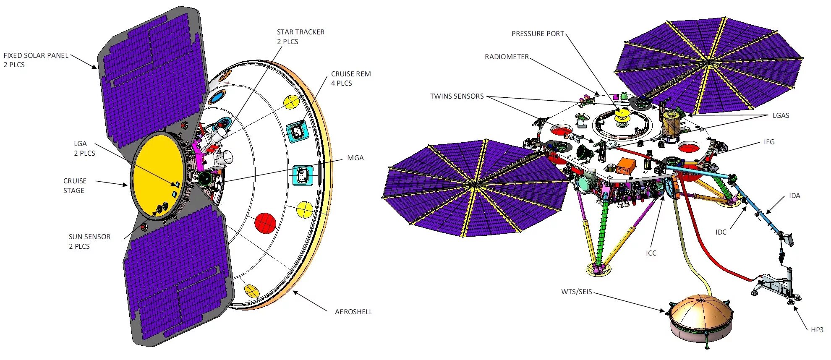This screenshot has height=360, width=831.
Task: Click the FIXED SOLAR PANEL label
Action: (36, 60)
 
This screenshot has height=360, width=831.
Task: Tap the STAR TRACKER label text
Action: (301, 37)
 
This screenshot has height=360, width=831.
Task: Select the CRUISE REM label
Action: (351, 78)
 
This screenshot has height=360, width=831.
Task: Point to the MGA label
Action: (355, 158)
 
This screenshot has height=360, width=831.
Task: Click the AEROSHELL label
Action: (353, 312)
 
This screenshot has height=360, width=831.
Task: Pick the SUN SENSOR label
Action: (89, 241)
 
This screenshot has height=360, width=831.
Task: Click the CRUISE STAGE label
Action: (75, 185)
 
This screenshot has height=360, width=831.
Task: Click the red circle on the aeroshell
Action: (265, 222)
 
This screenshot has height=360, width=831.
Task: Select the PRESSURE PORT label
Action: (538, 34)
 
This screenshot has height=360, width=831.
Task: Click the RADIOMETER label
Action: (507, 57)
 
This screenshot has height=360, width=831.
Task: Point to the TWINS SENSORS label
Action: (457, 96)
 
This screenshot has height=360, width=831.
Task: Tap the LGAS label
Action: (781, 115)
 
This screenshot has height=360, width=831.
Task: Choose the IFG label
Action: (769, 142)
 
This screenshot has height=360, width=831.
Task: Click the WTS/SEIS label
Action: (576, 292)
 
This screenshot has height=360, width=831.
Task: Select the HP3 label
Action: (817, 330)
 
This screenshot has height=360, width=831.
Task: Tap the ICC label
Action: (651, 253)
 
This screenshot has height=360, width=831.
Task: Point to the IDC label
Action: (721, 232)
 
